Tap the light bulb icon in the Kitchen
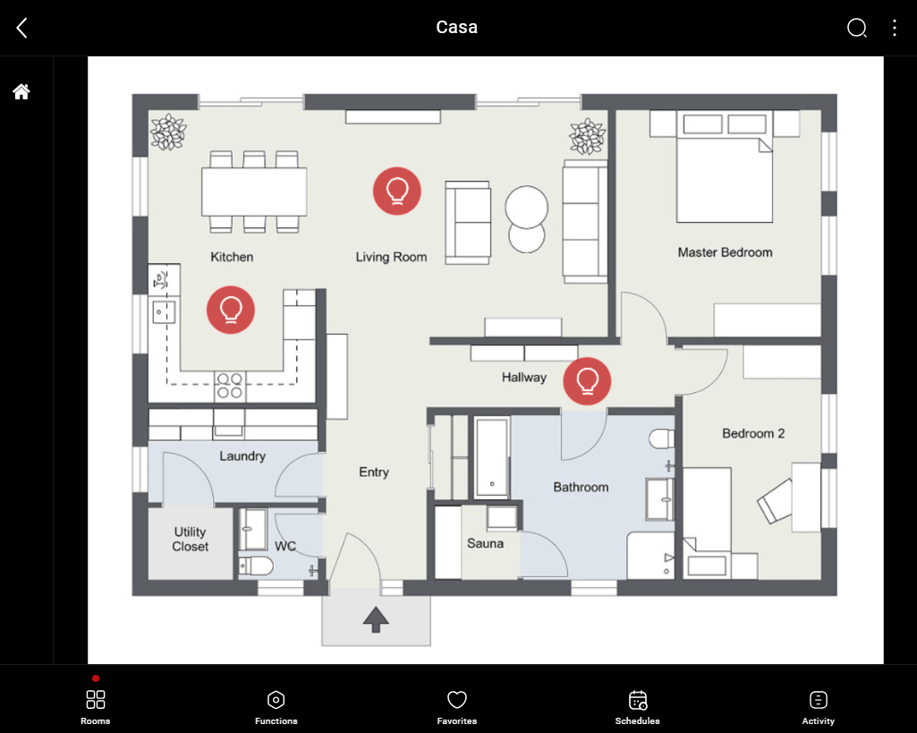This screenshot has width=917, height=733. [x=231, y=310]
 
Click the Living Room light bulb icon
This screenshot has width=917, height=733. [x=397, y=191]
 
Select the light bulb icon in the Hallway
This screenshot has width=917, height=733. [x=587, y=381]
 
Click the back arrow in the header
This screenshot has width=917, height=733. [x=22, y=28]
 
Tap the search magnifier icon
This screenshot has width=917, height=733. [x=857, y=28]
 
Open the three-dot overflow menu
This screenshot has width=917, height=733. [x=895, y=28]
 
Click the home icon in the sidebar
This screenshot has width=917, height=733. [x=21, y=91]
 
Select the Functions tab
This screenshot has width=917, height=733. [x=276, y=707]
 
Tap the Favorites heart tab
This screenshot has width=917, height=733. [x=457, y=707]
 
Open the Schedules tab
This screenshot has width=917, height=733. [x=638, y=707]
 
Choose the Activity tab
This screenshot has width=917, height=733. [x=819, y=707]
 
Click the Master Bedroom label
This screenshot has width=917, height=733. [x=726, y=252]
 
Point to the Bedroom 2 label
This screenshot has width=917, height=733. [x=753, y=433]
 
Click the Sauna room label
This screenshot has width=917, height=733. [x=486, y=543]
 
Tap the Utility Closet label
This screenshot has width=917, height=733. [x=190, y=539]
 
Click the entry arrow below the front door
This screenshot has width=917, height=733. [x=376, y=619]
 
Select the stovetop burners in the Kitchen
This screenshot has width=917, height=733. [x=230, y=386]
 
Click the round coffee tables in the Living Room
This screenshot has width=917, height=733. [x=527, y=219]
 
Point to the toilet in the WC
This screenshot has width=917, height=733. [x=256, y=567]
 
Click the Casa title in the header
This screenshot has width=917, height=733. [x=457, y=27]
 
